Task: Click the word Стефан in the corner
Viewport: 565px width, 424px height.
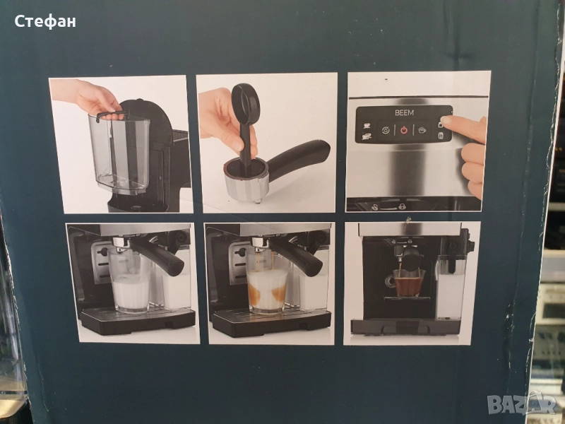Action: tap(45, 22)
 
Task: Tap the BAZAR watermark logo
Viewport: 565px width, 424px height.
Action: tap(522, 404)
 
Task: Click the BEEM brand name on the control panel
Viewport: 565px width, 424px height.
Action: tap(404, 113)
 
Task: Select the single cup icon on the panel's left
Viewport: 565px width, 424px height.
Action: tap(367, 125)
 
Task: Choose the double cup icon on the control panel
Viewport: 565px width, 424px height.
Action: tap(367, 136)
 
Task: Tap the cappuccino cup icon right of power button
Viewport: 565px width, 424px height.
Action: tap(422, 130)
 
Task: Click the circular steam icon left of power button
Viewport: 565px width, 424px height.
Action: tap(386, 130)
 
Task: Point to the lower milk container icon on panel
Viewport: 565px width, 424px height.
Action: tap(440, 136)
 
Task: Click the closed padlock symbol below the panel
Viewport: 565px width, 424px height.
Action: tap(402, 206)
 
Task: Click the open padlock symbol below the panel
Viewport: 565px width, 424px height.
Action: tap(375, 207)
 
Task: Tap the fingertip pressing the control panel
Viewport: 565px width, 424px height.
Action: tap(446, 120)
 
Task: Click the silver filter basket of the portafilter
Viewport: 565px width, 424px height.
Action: tap(246, 181)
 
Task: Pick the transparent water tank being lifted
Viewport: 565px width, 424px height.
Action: tap(119, 153)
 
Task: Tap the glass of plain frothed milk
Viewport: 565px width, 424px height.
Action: tap(130, 281)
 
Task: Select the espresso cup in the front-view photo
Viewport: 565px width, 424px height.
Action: tap(408, 282)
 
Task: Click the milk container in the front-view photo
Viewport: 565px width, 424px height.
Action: tap(450, 288)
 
